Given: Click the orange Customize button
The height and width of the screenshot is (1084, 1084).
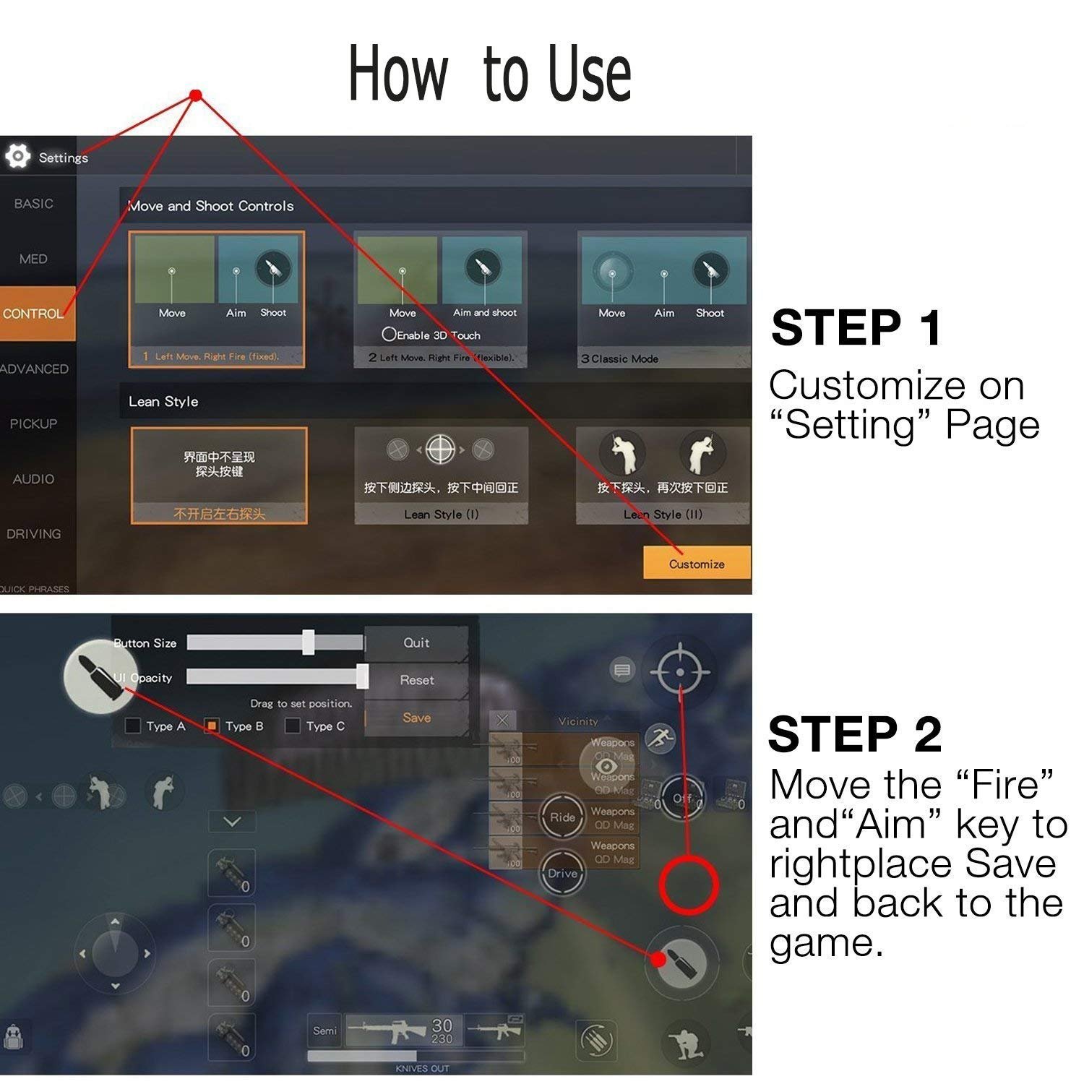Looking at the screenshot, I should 696,563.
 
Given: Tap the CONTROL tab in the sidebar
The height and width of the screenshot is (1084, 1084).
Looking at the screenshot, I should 34,314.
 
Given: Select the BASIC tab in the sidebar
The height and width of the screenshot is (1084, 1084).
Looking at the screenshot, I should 33,204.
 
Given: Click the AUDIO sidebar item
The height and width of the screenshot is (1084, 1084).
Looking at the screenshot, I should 33,478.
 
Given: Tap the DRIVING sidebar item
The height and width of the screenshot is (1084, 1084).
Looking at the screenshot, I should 33,534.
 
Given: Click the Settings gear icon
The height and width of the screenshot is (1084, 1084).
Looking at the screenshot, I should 17,156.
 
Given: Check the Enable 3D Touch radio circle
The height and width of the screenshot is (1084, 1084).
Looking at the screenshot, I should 389,335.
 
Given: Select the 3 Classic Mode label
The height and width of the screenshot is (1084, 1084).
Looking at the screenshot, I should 620,358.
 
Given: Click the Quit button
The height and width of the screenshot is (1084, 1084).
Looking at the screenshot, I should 416,642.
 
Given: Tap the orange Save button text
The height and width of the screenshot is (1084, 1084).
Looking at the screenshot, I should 416,718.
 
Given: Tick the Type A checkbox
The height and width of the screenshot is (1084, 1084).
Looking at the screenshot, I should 133,726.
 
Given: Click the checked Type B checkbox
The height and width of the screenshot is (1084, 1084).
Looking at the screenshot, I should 212,726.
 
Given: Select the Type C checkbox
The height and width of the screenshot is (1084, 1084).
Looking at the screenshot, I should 293,726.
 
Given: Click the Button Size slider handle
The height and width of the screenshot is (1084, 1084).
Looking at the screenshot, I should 309,642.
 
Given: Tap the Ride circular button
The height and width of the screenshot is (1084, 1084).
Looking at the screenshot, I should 562,817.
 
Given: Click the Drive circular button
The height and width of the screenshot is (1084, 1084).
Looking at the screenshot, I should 562,874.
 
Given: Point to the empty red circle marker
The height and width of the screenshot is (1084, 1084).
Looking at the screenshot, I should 688,885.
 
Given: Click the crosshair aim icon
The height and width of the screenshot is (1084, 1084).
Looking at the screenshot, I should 679,672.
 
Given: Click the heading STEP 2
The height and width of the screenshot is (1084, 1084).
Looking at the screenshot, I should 855,734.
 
